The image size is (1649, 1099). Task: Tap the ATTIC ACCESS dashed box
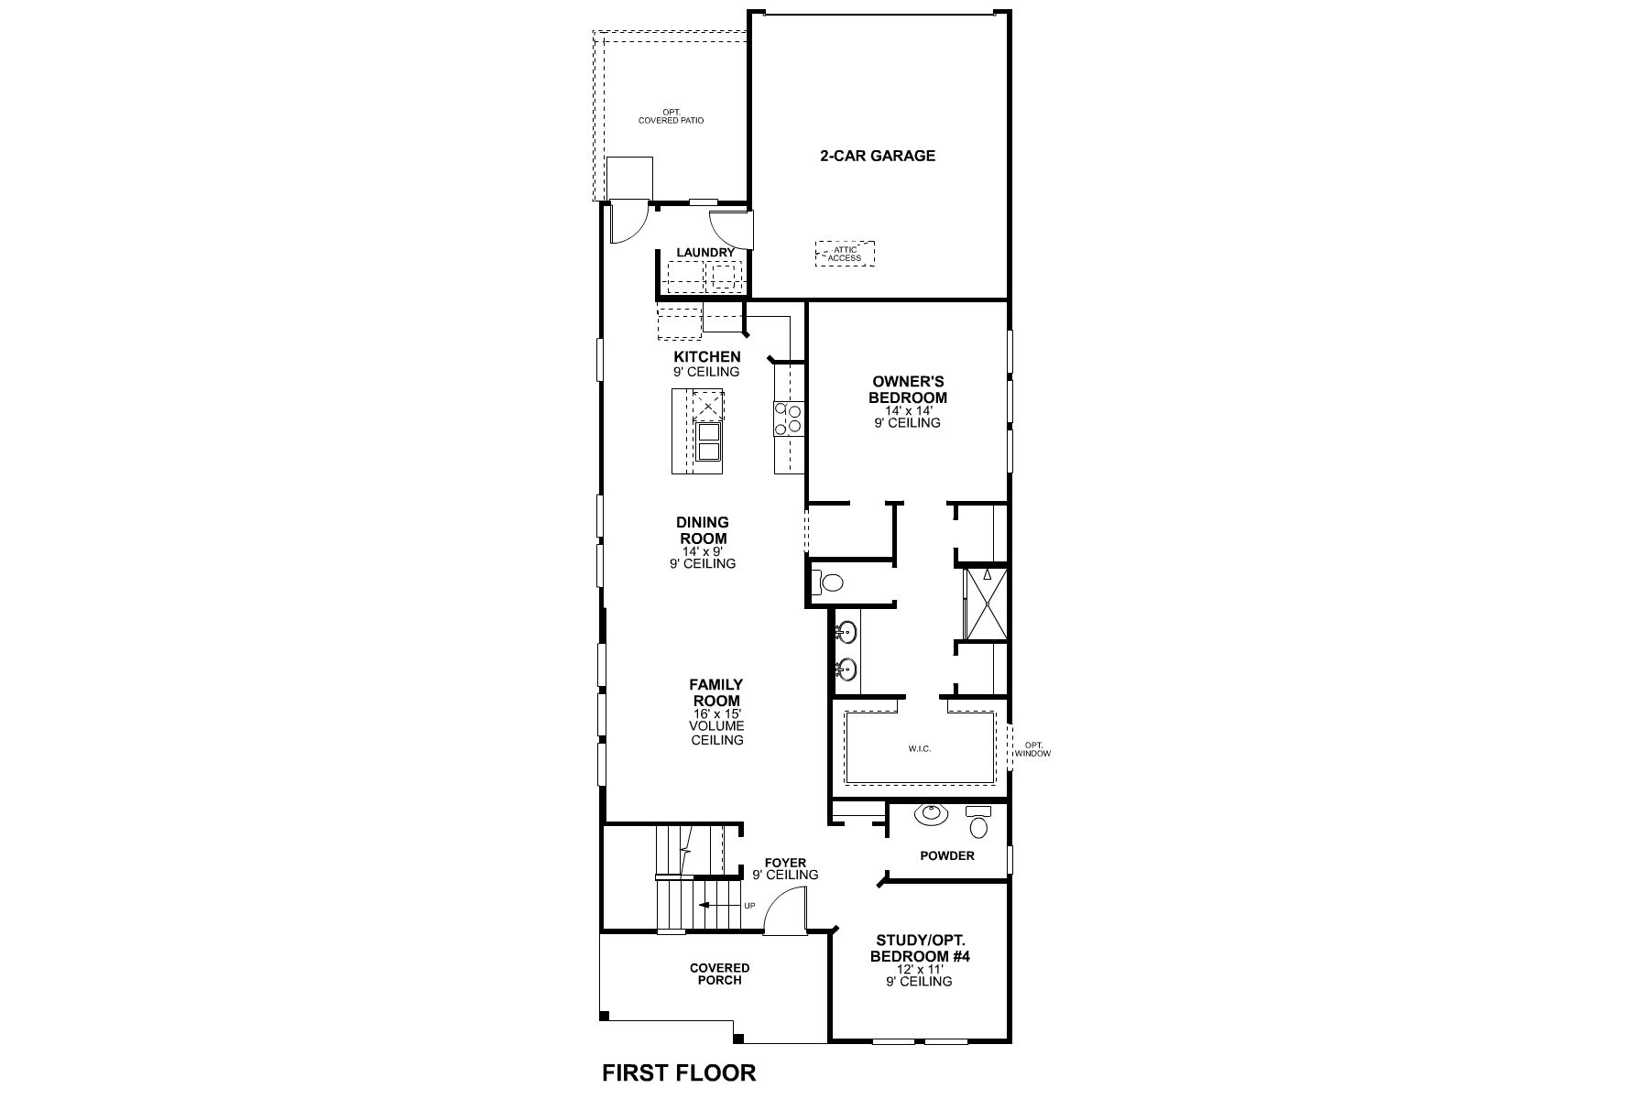(x=845, y=254)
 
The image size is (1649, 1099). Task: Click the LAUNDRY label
(x=705, y=253)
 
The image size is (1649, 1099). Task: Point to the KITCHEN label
(x=707, y=356)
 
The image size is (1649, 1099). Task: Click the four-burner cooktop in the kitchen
(x=788, y=418)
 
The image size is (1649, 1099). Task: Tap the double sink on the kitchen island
(x=709, y=442)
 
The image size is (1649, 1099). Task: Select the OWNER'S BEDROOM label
(x=909, y=390)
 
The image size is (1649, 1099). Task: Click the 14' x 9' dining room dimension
(x=703, y=552)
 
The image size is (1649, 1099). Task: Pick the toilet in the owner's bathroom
(x=829, y=582)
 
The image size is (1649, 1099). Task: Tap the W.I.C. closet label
(x=920, y=749)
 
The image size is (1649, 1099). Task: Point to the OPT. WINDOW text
(x=1033, y=749)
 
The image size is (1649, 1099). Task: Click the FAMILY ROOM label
(x=716, y=692)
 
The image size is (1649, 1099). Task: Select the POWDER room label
(x=947, y=855)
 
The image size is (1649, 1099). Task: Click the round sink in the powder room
(x=933, y=812)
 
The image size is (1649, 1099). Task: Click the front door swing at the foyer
(x=783, y=916)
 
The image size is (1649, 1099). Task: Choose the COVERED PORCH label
(x=719, y=974)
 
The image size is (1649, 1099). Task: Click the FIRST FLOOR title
(x=679, y=1072)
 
